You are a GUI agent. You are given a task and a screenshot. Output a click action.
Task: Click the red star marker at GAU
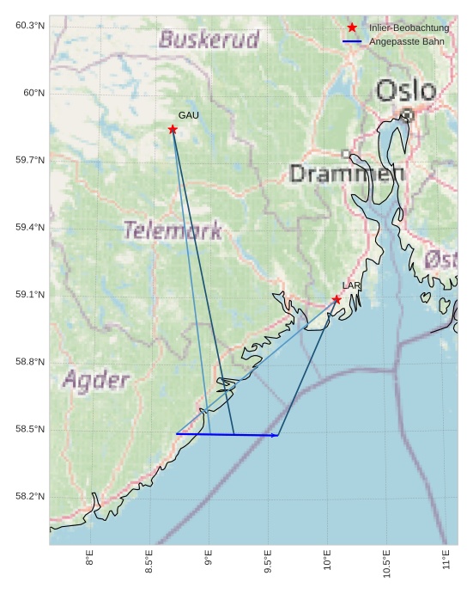coord(173,130)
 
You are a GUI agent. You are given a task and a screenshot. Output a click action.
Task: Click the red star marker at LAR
coord(337,299)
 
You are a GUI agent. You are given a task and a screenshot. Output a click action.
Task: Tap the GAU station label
coord(189,115)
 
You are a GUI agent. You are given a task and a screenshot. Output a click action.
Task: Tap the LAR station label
coord(352,285)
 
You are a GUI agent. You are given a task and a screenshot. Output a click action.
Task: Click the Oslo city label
coord(405,90)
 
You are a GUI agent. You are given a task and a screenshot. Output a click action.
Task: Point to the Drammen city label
coord(347,174)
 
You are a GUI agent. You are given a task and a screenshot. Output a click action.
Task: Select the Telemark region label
coord(173,230)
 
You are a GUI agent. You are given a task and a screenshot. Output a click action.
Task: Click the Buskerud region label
coord(209,40)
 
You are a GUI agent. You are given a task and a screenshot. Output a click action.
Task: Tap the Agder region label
coord(96,380)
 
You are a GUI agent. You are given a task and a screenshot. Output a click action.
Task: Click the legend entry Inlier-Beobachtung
coord(409,28)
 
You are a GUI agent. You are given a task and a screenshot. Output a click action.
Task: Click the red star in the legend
coord(352,28)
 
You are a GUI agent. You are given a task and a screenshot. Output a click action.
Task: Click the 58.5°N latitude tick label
coord(28,430)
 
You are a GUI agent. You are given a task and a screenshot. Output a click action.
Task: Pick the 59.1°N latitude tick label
coord(28,295)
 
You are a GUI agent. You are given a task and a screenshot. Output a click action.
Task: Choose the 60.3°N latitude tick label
coord(28,26)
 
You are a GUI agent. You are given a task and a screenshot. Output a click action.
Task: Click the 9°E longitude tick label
coord(209,563)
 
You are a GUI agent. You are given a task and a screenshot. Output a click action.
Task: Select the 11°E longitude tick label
coord(446,563)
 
